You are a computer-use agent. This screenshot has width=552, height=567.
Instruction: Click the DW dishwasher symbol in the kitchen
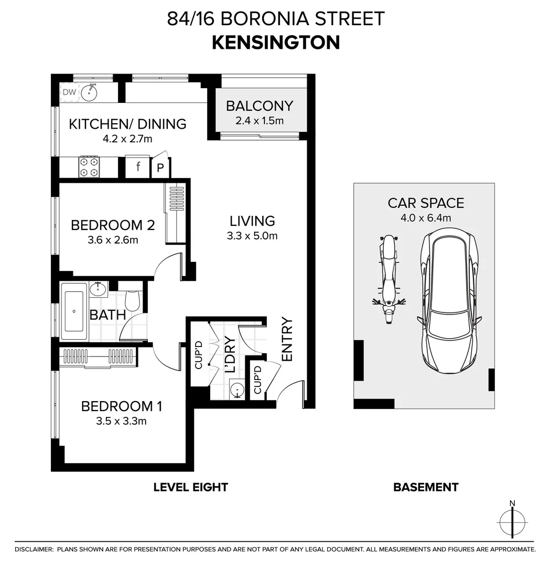click(69, 93)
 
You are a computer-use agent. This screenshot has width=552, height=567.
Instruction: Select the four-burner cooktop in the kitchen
click(89, 166)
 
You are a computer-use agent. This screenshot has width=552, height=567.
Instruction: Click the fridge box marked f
click(138, 167)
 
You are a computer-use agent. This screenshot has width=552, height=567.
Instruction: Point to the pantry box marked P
click(160, 169)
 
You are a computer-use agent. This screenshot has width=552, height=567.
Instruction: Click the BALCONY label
click(259, 106)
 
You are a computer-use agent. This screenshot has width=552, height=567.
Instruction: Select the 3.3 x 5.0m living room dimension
click(252, 236)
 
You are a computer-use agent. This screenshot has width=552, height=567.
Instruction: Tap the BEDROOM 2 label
click(112, 225)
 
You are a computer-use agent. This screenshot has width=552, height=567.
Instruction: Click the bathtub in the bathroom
click(74, 311)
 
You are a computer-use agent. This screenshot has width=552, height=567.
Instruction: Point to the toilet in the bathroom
click(133, 299)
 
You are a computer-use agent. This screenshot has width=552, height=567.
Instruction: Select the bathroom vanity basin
click(98, 289)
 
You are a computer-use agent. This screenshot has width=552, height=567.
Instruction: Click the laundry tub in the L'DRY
click(237, 390)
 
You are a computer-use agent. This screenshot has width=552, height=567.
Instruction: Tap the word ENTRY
click(287, 339)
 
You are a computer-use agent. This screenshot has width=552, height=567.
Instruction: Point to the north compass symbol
click(512, 522)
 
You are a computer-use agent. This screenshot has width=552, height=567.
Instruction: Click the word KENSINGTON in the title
click(276, 43)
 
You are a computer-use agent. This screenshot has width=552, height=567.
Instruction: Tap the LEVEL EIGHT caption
click(190, 487)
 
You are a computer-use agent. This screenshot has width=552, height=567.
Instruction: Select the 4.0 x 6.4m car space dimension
click(426, 218)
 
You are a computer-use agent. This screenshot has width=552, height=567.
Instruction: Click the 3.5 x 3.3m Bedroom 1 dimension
click(121, 421)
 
